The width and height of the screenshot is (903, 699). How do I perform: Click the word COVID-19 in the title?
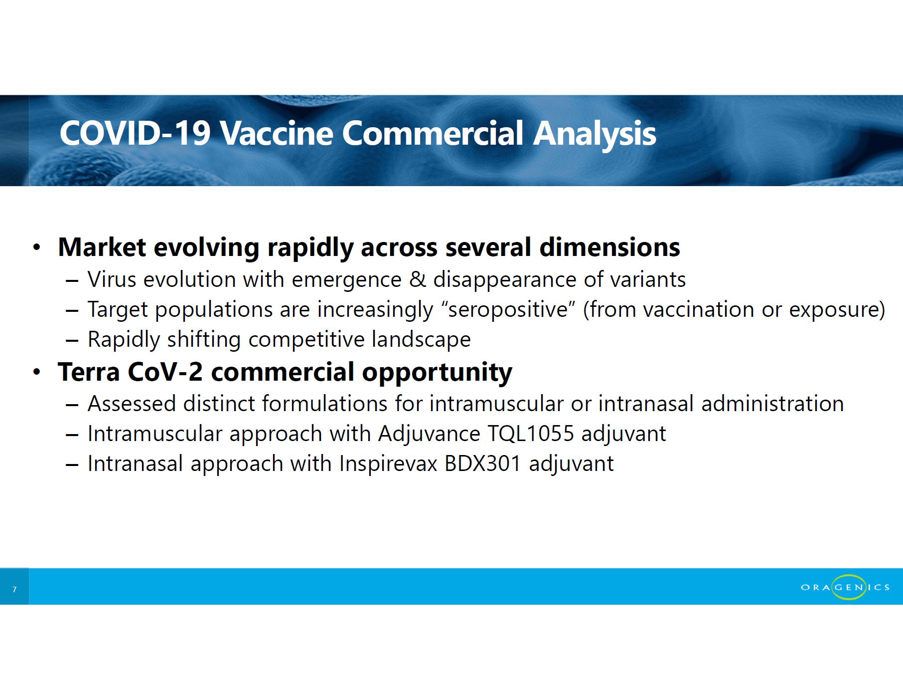(x=135, y=133)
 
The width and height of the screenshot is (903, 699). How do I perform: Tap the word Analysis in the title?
(x=594, y=134)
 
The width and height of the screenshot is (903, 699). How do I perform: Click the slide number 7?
(x=14, y=590)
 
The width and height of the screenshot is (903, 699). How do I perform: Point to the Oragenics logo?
(x=845, y=587)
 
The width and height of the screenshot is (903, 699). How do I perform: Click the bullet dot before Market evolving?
(x=36, y=247)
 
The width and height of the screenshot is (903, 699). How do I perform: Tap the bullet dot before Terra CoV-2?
(x=36, y=372)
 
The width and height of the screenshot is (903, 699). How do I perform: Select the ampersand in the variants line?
(x=417, y=279)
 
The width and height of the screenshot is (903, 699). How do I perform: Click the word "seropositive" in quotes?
(x=508, y=309)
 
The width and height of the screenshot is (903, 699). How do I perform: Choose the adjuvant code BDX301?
(x=482, y=464)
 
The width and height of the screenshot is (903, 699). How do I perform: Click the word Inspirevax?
(x=388, y=464)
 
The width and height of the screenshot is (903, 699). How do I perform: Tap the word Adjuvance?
(x=429, y=434)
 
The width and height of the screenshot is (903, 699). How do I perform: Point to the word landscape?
(x=421, y=340)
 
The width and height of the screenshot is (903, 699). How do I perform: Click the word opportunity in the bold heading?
(x=437, y=373)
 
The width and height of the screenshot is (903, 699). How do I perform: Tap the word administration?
(x=772, y=404)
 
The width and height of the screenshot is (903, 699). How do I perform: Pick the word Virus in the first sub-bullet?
(x=112, y=279)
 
